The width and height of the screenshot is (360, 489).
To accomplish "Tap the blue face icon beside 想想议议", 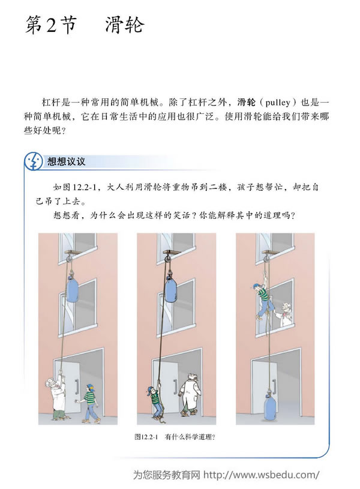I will coord(34,161).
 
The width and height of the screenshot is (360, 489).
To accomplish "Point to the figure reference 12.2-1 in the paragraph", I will coord(85,188).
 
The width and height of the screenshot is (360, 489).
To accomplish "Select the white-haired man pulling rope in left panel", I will coord(58,396).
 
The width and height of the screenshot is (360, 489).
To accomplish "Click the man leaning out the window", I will coord(286,314).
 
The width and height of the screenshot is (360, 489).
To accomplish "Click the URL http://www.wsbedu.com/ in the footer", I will coord(262,475).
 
